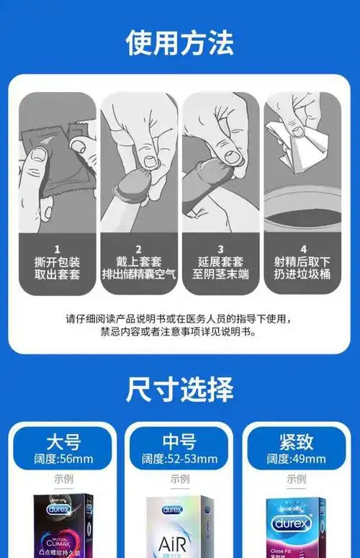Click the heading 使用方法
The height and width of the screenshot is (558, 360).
(x=179, y=43)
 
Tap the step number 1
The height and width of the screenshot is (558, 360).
(x=58, y=249)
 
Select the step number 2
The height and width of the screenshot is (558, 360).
(x=139, y=249)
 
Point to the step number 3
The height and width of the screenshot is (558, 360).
(x=221, y=249)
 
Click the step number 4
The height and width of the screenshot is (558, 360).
(x=303, y=249)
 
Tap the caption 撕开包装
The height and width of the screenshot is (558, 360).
(x=58, y=262)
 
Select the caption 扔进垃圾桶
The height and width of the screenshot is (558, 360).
(x=303, y=275)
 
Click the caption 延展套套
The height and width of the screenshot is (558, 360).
(x=221, y=262)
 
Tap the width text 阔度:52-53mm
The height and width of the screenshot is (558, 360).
(x=179, y=459)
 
